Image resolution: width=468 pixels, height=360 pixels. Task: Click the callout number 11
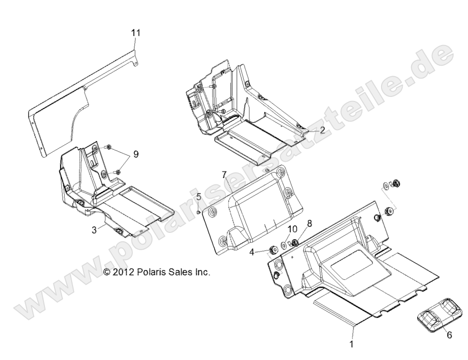(x=136, y=33)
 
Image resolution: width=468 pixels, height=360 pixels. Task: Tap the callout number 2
(x=322, y=130)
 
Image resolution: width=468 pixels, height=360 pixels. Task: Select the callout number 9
(x=135, y=154)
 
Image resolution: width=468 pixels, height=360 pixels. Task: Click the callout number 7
(x=224, y=175)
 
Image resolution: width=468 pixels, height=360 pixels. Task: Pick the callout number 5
(x=199, y=197)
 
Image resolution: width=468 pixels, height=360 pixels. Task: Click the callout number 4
(x=252, y=252)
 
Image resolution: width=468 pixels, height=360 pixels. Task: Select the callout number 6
(x=449, y=335)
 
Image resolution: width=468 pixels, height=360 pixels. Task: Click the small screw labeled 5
(x=198, y=212)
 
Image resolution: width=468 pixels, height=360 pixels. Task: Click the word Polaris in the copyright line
(x=150, y=272)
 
